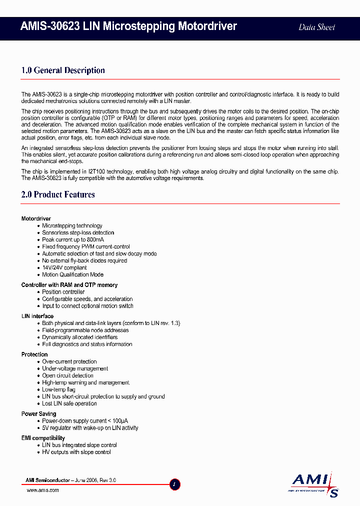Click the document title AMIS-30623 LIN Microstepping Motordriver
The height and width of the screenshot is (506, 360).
tap(129, 26)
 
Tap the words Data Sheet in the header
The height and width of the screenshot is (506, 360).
tap(316, 27)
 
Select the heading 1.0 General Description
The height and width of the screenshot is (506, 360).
tap(63, 70)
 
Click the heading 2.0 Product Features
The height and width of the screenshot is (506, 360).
tap(58, 194)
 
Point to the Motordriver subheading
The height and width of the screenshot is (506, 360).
tap(36, 219)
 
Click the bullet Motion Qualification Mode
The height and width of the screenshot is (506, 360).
tap(73, 274)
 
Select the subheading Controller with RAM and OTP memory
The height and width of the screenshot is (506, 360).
tap(69, 285)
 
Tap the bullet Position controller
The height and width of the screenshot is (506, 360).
tap(63, 292)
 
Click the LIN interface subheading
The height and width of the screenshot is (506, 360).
tap(37, 316)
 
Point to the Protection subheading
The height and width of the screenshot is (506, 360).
tap(34, 354)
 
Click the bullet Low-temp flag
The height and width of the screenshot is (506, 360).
tap(59, 389)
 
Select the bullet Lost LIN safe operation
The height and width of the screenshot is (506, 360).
tap(69, 403)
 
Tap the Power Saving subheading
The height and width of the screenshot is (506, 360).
tap(38, 414)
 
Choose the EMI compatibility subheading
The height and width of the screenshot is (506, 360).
tap(43, 438)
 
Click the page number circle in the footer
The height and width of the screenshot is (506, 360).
tap(174, 484)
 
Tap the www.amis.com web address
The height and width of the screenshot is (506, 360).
tap(42, 490)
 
